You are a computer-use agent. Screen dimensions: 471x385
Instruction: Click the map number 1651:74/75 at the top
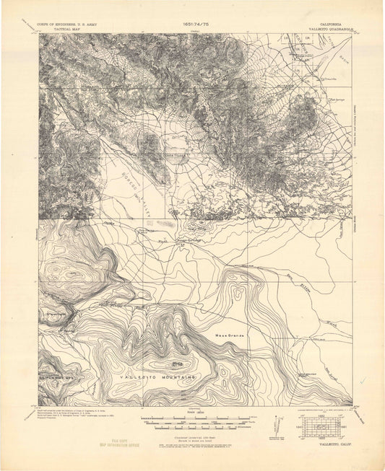(191, 25)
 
